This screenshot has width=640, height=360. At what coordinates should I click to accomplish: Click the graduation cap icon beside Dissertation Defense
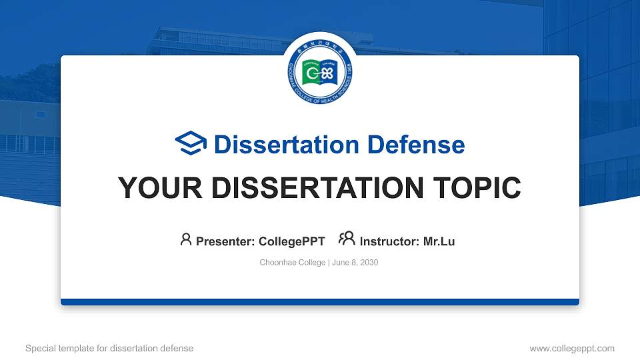[x=191, y=144]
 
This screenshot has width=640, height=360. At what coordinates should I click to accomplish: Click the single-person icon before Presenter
[x=186, y=240]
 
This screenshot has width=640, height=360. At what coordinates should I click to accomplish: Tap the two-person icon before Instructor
[x=347, y=239]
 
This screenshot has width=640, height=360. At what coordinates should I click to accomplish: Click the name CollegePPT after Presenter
[x=291, y=241]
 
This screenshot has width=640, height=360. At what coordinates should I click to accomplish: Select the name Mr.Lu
[x=439, y=241]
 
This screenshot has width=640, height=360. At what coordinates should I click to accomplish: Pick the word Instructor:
[x=390, y=241]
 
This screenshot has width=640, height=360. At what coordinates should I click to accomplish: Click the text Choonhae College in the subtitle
[x=292, y=263]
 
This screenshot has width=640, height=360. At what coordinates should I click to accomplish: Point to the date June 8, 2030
[x=355, y=263]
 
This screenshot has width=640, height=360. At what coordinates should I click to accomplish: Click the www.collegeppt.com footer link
[x=571, y=348]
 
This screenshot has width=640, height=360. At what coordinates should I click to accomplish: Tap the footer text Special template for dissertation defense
[x=109, y=348]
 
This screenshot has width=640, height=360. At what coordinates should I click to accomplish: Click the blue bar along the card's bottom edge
[x=319, y=302]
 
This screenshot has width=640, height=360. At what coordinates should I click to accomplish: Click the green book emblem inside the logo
[x=319, y=73]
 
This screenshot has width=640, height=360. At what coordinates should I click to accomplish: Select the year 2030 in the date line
[x=369, y=263]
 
